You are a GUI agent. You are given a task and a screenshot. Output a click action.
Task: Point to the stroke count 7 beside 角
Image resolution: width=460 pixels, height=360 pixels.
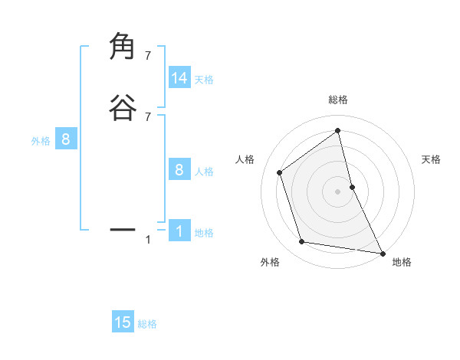(x=148, y=56)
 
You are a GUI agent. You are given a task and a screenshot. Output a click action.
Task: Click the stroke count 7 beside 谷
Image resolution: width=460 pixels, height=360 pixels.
(x=148, y=116)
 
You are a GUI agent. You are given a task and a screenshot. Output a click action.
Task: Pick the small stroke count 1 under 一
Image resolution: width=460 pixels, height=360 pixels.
(x=148, y=240)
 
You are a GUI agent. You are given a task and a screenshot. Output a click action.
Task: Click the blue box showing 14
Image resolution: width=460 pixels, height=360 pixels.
(x=179, y=78)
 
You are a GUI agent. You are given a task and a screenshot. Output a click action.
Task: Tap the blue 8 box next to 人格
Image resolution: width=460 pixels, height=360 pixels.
(x=179, y=170)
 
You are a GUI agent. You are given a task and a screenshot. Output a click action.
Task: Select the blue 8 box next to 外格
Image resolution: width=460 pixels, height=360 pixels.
(x=66, y=139)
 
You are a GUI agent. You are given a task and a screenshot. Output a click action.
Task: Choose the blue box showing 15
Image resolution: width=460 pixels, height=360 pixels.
(x=123, y=322)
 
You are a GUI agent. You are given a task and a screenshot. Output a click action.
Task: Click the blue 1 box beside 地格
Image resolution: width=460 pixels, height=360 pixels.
(x=179, y=231)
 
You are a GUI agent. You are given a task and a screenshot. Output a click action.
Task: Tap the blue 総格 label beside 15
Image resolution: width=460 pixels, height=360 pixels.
(x=147, y=324)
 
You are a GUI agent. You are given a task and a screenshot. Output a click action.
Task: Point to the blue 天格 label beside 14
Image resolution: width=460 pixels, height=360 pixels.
(x=204, y=80)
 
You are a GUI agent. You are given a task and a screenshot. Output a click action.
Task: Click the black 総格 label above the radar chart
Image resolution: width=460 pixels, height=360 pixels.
(x=338, y=100)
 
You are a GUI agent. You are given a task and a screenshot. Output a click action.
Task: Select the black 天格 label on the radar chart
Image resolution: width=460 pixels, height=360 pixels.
(x=432, y=159)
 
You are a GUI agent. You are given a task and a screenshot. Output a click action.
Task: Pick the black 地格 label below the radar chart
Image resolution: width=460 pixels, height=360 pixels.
(x=402, y=262)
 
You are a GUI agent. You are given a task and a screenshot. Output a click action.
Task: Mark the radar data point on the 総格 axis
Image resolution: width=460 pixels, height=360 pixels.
(x=338, y=131)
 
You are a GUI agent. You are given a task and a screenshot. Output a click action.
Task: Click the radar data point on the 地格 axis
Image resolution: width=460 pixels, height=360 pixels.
(x=382, y=252)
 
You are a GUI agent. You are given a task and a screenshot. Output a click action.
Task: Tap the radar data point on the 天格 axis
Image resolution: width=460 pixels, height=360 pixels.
(x=352, y=186)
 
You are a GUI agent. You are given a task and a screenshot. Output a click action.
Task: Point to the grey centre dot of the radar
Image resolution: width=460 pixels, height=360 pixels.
(x=338, y=191)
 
